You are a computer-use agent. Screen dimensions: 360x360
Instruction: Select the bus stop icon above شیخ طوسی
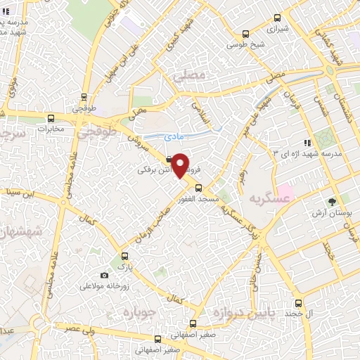pos(245,33)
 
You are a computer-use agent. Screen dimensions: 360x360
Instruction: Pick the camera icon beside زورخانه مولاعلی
pos(105,275)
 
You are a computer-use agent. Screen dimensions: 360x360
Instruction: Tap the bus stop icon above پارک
pos(124,256)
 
